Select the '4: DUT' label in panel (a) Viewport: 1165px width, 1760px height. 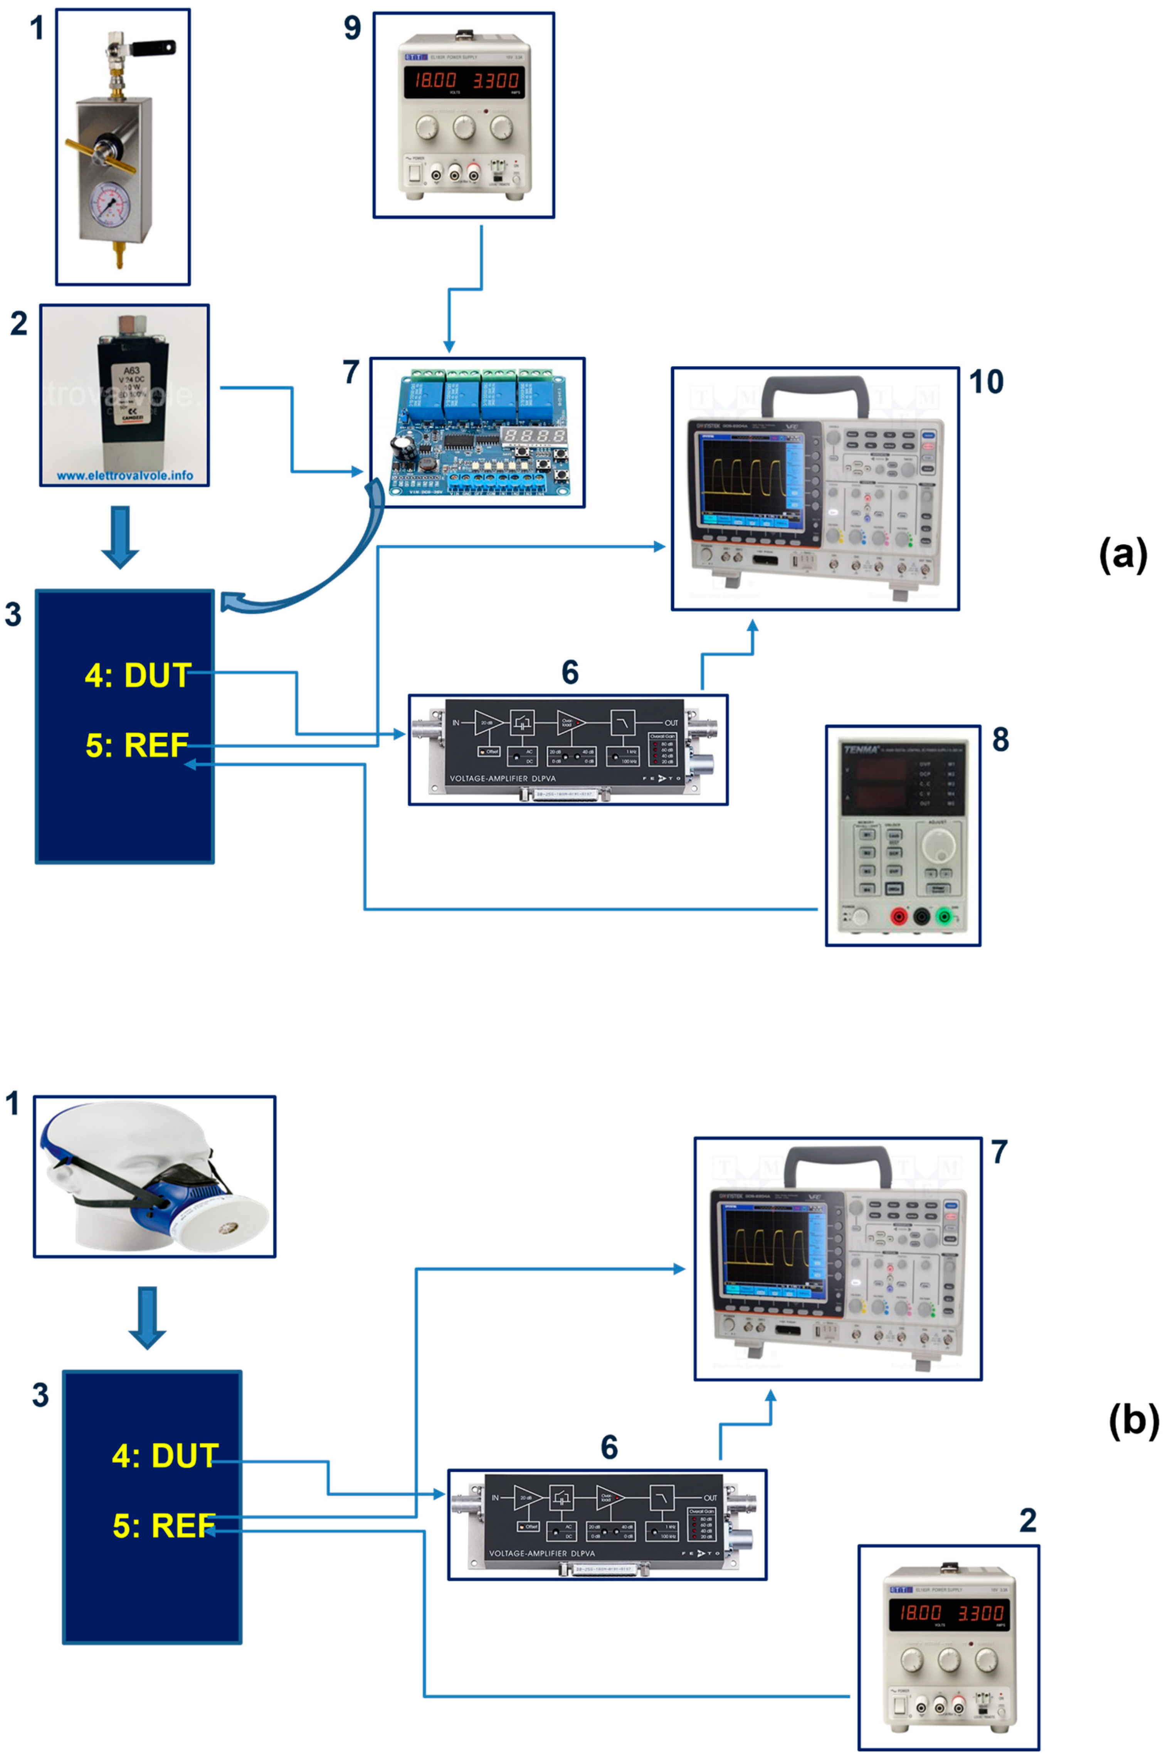pyautogui.click(x=138, y=675)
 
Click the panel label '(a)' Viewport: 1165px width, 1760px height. pyautogui.click(x=1123, y=555)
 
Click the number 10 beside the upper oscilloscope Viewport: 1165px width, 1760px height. pyautogui.click(x=986, y=382)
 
